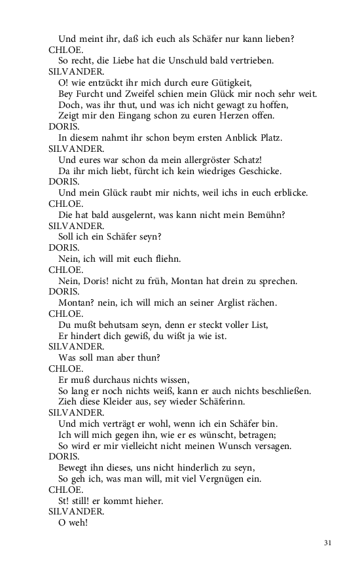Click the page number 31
coord(329,543)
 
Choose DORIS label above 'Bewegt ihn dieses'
coord(64,457)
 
